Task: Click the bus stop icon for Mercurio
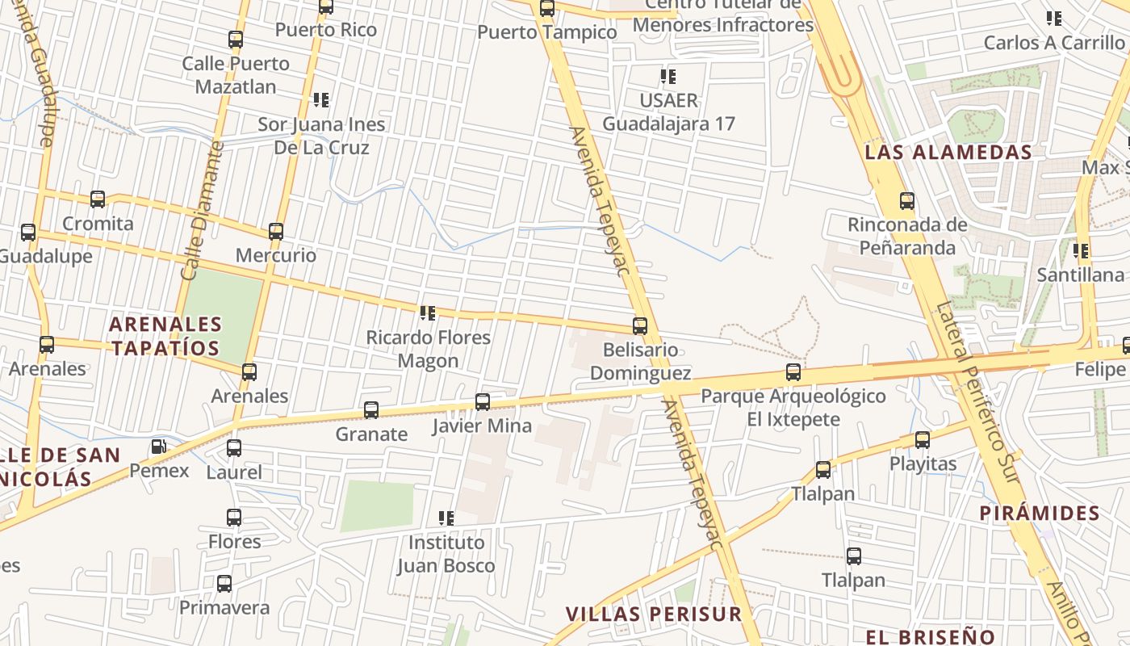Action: pos(276,232)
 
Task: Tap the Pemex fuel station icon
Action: pos(159,447)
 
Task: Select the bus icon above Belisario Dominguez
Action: pos(640,326)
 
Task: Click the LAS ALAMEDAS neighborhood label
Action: pos(948,152)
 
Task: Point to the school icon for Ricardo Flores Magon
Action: pos(428,313)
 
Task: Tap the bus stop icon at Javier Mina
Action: pos(483,401)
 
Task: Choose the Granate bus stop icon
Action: pos(371,409)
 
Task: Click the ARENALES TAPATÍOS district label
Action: pos(165,336)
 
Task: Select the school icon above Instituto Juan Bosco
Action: pos(446,518)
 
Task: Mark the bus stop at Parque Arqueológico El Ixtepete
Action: pos(793,372)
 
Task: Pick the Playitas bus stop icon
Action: pos(923,440)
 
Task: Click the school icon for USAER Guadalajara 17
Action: pos(668,77)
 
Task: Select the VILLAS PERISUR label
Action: pos(653,614)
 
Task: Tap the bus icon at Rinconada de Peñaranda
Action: pos(907,201)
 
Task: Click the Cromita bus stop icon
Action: pos(98,199)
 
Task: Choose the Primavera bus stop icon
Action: pos(224,583)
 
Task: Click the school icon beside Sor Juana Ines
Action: pos(321,100)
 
